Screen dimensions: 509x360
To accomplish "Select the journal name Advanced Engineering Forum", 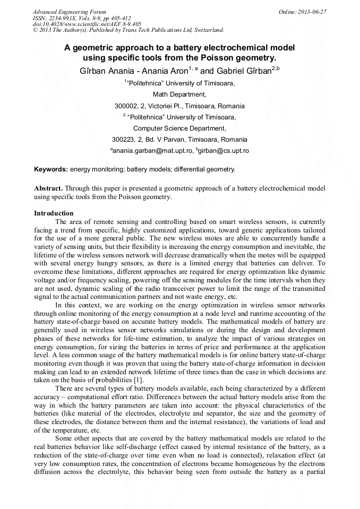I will tap(69, 12).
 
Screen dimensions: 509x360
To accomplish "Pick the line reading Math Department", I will tap(179, 94).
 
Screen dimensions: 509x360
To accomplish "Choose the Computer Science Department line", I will tap(179, 128).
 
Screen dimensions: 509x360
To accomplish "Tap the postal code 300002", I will tap(127, 106).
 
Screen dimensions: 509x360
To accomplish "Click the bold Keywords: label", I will tap(51, 169).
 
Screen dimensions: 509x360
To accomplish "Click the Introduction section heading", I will tap(54, 213).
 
